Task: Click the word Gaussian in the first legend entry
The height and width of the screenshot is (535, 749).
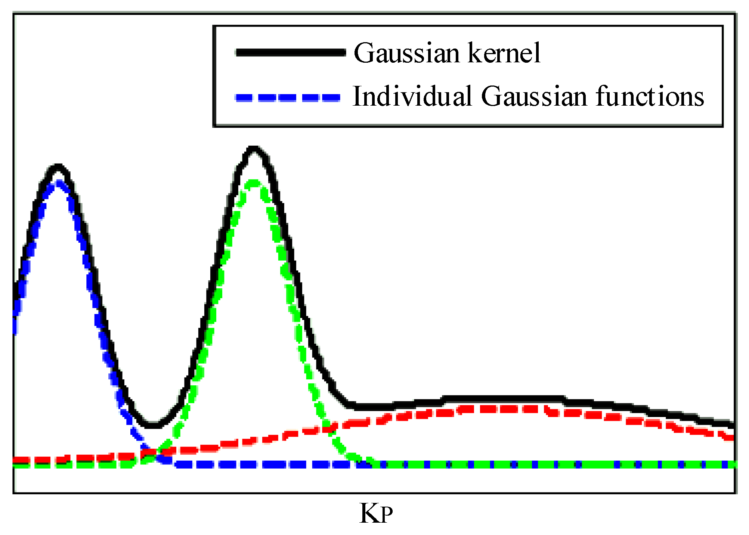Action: pos(406,53)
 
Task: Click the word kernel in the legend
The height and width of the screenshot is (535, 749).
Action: pos(504,53)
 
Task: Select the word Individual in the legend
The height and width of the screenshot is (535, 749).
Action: pos(412,97)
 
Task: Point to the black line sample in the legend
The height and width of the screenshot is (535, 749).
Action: pos(291,53)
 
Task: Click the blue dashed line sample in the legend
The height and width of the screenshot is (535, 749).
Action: pos(288,98)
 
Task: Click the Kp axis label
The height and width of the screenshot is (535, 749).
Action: pos(376,514)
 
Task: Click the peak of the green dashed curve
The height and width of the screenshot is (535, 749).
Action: pos(254,183)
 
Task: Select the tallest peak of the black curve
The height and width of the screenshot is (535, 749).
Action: pos(254,149)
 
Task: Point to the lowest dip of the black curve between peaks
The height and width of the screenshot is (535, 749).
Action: pos(152,425)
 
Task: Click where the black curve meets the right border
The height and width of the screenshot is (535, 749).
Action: pos(733,424)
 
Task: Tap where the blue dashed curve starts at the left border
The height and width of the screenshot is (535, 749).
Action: pos(15,321)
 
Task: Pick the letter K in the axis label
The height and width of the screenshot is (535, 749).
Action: pos(368,513)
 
